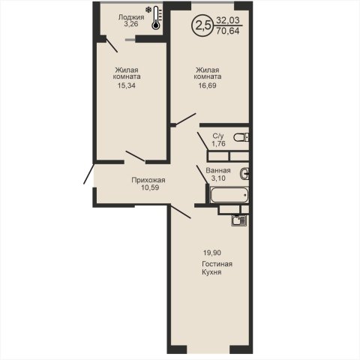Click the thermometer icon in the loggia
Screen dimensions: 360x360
coord(156,18)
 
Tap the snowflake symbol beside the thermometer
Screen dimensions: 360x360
coord(148,10)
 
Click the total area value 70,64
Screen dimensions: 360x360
coord(228,31)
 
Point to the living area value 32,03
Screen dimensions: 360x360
coord(228,20)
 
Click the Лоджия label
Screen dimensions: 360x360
coord(131,17)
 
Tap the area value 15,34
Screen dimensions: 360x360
coord(127,85)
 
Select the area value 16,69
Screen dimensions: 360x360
coord(207,85)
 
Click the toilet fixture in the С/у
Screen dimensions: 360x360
coord(241,137)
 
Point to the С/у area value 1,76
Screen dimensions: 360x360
coord(218,144)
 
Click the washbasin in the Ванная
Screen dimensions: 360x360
coord(244,173)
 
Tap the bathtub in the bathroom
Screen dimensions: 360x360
coord(229,195)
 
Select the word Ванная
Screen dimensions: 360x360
coord(218,170)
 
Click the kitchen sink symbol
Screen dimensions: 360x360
coord(238,220)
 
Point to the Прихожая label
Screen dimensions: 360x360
coord(148,180)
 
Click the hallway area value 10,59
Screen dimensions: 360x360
coord(150,187)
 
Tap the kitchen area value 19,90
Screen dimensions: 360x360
coord(212,253)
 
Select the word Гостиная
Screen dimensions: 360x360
coord(217,264)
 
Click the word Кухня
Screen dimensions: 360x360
coord(211,272)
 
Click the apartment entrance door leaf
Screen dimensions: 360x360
coord(88,174)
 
